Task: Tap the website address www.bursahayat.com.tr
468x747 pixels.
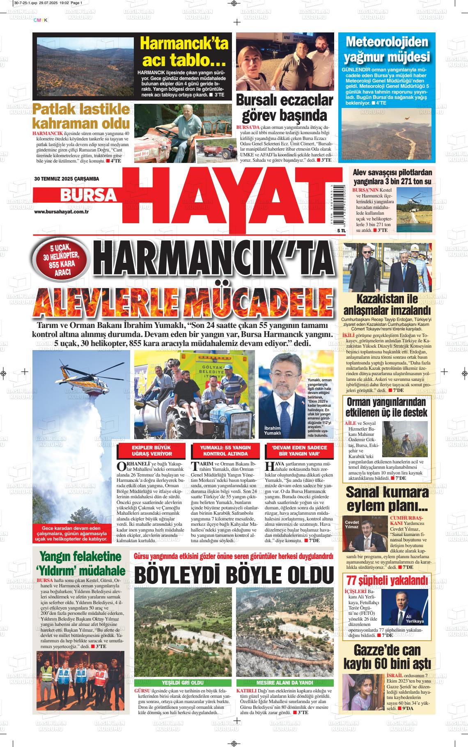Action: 62,211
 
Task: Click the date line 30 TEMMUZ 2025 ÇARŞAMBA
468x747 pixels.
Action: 67,179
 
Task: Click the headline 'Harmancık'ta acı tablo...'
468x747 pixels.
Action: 184,52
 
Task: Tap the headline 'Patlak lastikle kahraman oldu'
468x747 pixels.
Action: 81,116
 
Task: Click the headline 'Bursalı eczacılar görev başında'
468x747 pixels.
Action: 284,108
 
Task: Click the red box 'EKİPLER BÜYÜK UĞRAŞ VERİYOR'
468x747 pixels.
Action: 152,451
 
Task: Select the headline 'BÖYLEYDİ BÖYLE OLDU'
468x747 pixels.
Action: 233,575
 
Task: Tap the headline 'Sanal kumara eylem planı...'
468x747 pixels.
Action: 387,498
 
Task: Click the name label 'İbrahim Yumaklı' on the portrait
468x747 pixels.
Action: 273,431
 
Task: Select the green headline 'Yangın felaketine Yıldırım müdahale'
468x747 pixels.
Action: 81,564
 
